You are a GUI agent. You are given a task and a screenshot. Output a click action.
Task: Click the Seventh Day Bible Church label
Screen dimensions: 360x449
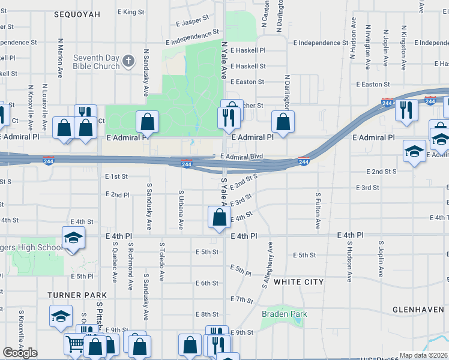click(x=96, y=62)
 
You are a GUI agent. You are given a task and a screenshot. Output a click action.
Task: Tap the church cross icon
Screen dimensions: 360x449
click(x=128, y=61)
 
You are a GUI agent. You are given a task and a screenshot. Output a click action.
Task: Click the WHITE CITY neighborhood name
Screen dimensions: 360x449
click(x=298, y=281)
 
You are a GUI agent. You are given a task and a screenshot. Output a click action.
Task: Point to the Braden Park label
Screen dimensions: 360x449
click(x=284, y=314)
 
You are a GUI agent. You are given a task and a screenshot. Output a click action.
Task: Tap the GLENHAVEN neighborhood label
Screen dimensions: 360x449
click(x=418, y=310)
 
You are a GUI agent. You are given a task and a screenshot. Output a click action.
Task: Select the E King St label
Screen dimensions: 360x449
click(x=131, y=12)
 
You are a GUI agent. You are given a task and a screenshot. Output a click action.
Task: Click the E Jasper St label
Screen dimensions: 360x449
click(x=193, y=22)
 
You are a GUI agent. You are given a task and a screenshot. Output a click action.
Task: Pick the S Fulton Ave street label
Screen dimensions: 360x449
click(x=318, y=211)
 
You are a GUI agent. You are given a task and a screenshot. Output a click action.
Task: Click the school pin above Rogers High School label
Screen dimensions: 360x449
click(x=73, y=238)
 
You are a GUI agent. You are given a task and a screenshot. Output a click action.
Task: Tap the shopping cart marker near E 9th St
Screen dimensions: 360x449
click(x=76, y=344)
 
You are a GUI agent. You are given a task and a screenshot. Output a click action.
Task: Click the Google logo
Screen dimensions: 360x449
click(x=20, y=353)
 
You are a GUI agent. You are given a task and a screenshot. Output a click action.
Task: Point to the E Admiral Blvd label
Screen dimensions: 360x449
click(x=241, y=157)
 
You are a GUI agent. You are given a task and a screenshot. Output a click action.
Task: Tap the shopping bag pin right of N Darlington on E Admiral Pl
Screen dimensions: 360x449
click(x=283, y=122)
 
